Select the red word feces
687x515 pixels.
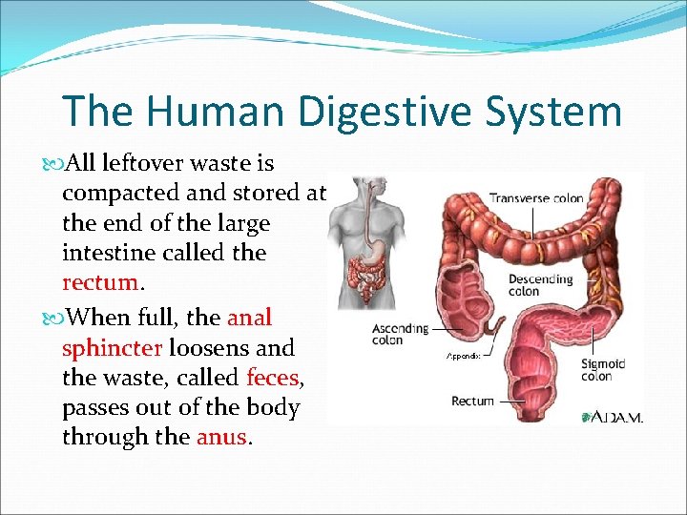point(272,376)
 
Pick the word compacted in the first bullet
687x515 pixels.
point(122,193)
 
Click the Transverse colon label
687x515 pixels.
point(535,199)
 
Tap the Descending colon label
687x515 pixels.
point(540,285)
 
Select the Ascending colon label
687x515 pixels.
point(400,334)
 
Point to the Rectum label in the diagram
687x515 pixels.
point(472,402)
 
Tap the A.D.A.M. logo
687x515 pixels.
point(611,417)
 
